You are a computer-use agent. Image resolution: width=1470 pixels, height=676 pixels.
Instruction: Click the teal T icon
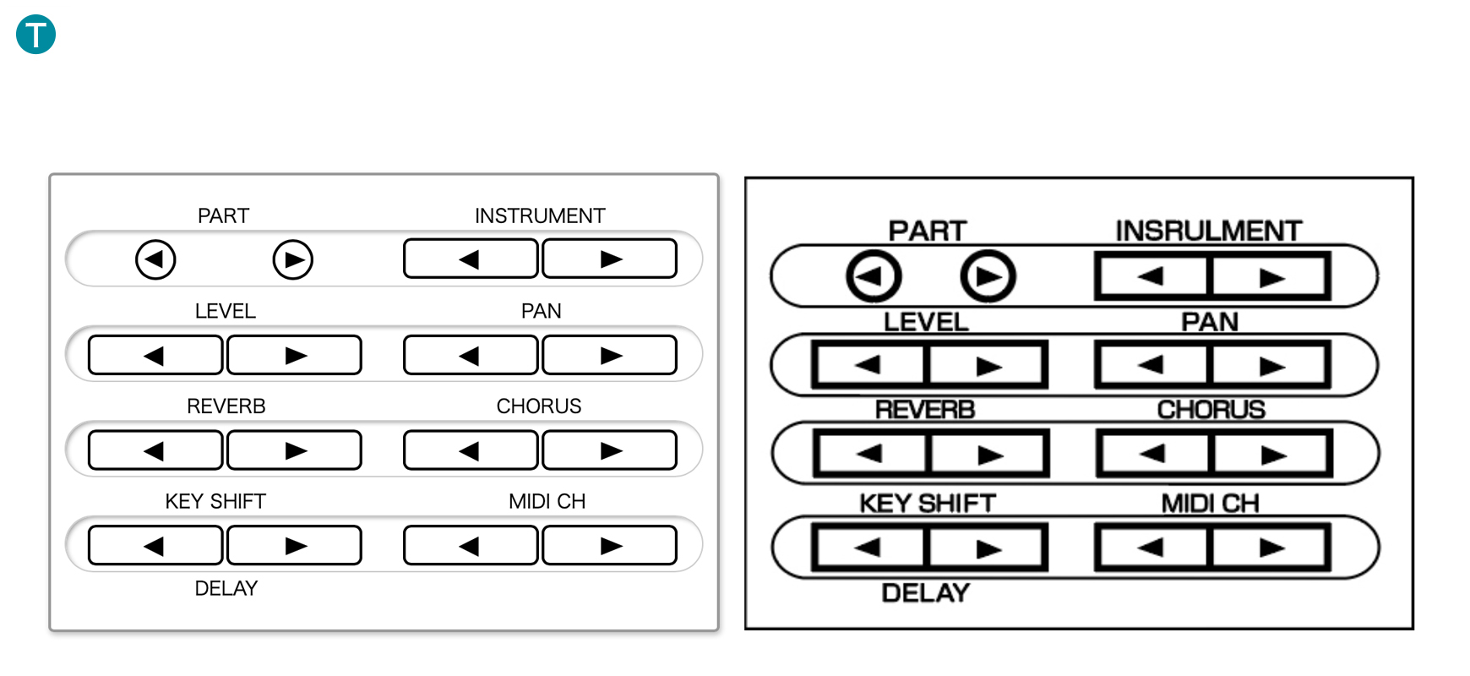point(35,35)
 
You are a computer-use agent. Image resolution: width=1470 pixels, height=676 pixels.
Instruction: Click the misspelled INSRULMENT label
point(1208,231)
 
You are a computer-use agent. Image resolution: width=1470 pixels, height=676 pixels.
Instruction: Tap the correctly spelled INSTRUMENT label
point(540,216)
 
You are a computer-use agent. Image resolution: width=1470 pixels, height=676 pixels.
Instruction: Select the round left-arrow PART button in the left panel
point(155,259)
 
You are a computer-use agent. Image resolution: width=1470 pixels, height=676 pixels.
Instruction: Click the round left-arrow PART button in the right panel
point(874,276)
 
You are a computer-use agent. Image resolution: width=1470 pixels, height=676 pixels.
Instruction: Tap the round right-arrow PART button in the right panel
point(988,276)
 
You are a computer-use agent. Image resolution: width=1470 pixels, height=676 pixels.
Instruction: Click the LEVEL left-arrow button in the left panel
point(155,355)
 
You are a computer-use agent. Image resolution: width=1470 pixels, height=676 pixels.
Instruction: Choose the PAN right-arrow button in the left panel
point(609,355)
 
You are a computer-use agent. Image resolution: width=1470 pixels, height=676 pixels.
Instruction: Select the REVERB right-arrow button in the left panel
point(294,450)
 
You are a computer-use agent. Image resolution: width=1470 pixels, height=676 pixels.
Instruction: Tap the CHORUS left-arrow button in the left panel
point(471,450)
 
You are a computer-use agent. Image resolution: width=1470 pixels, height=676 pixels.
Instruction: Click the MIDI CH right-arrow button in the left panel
point(609,546)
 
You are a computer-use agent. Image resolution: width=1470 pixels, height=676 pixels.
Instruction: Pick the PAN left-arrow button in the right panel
point(1152,366)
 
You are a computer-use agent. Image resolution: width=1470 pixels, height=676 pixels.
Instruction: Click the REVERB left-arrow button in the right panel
point(870,455)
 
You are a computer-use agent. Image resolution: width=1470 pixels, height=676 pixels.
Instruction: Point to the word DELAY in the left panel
point(226,589)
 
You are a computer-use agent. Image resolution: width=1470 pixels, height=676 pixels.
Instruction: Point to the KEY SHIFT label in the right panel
point(928,504)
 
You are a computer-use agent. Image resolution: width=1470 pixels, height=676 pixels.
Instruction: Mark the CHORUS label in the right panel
point(1211,410)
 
